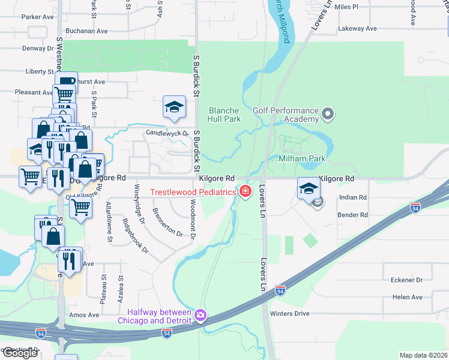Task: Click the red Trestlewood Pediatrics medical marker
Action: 245,192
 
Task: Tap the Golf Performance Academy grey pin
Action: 327,113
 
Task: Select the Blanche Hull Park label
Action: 224,115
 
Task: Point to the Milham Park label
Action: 301,158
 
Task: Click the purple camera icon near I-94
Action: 200,315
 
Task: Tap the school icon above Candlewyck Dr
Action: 174,107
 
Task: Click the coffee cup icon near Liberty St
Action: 66,80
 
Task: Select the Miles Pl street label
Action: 346,7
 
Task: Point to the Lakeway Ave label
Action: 357,28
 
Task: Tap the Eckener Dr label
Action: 407,280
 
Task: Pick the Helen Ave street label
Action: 408,297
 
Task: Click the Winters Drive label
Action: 289,313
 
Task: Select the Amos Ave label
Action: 84,315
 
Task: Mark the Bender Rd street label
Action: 352,215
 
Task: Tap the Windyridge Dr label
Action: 139,203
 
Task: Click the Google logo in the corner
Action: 20,353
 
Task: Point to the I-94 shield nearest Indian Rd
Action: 415,207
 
